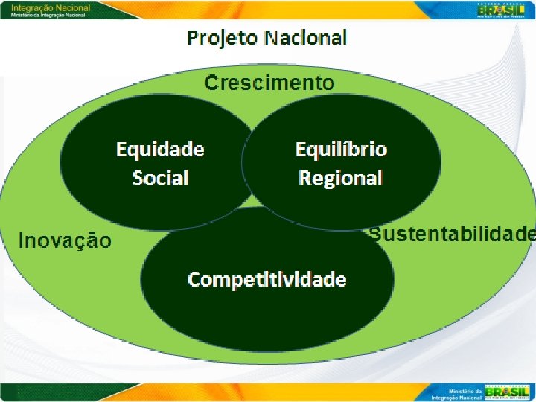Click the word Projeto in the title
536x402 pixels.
[221, 37]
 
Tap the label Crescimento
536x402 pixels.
[269, 82]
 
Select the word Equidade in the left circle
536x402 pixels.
[160, 150]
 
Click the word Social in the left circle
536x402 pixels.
[160, 178]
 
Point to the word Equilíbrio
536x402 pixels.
[341, 150]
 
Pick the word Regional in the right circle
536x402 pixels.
[340, 178]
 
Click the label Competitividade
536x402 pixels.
[267, 279]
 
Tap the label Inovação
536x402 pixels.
[65, 240]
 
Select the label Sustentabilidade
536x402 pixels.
[453, 234]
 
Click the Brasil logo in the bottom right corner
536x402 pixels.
[505, 392]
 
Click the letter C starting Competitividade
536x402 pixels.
[194, 280]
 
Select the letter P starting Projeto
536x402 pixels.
[193, 37]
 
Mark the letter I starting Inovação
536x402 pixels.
[22, 240]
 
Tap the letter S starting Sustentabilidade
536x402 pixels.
[376, 234]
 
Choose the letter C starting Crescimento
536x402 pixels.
[212, 82]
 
